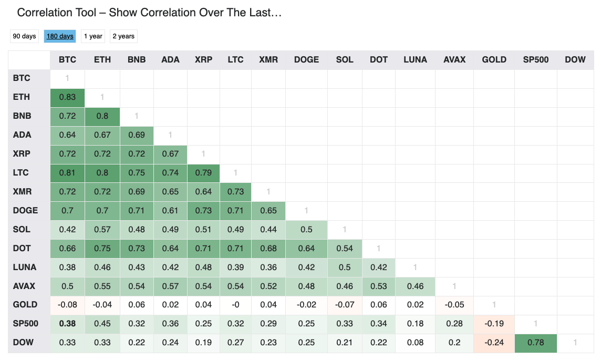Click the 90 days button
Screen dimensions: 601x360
pos(24,36)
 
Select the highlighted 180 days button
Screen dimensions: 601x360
pos(60,36)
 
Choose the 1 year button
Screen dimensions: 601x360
pos(93,36)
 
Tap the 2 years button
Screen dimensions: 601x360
pos(123,36)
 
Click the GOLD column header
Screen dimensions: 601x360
pos(494,60)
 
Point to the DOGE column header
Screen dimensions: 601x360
pos(306,60)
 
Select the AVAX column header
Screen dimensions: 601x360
pos(454,60)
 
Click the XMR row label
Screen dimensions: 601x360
pos(22,192)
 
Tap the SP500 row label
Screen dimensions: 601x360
pos(26,324)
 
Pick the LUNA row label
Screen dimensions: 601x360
pos(25,267)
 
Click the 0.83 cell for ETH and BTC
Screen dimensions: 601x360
pos(67,97)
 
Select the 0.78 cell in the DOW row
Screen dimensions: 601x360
pos(535,342)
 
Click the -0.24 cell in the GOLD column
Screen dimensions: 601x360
pos(494,342)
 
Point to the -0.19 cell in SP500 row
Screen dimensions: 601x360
pos(494,324)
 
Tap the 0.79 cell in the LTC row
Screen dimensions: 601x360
pos(203,173)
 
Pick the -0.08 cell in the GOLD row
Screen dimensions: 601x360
pos(67,305)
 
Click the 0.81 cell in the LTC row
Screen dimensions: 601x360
pos(67,173)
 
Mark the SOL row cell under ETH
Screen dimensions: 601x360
pos(102,229)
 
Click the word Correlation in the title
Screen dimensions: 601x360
pos(57,13)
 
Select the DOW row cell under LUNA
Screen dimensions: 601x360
pos(415,342)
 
